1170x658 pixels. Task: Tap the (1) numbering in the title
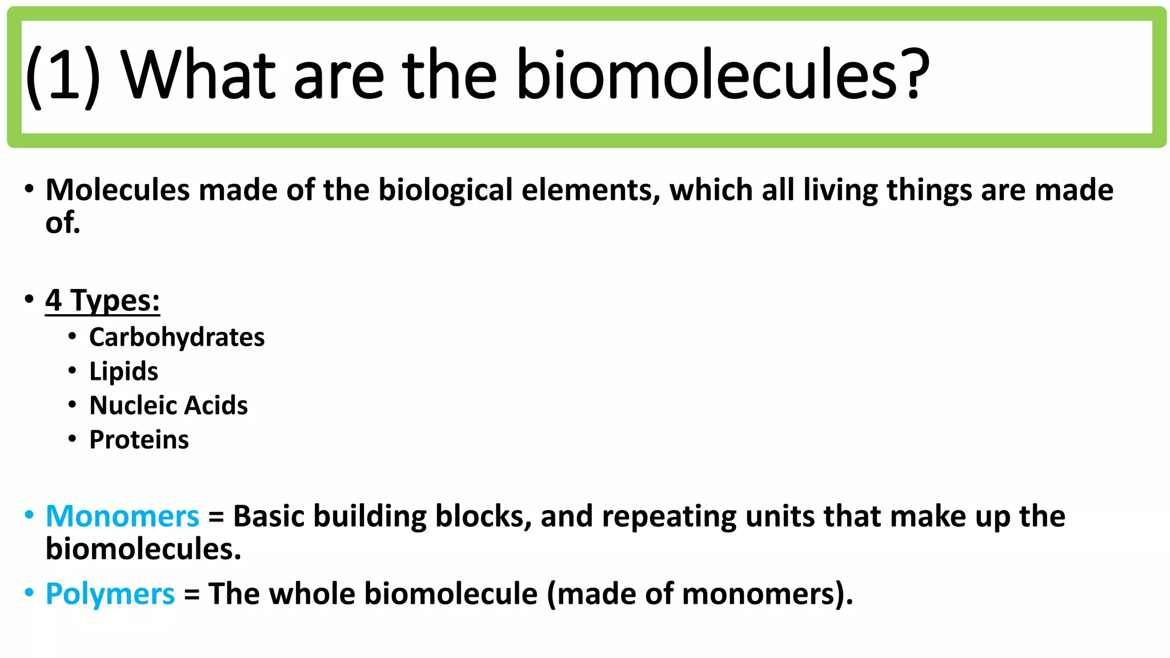click(x=63, y=76)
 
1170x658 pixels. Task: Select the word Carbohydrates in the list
click(x=177, y=337)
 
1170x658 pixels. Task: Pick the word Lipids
click(x=123, y=371)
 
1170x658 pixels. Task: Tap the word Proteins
click(x=139, y=440)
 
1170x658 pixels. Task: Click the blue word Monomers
click(x=122, y=516)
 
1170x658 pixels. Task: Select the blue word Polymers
click(x=110, y=594)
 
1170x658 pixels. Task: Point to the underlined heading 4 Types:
click(x=102, y=300)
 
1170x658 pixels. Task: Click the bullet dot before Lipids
click(x=72, y=371)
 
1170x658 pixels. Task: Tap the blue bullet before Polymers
click(x=29, y=592)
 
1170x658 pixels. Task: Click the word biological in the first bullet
click(x=446, y=190)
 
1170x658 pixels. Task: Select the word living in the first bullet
click(x=840, y=190)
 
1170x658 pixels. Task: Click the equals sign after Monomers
click(x=216, y=517)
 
